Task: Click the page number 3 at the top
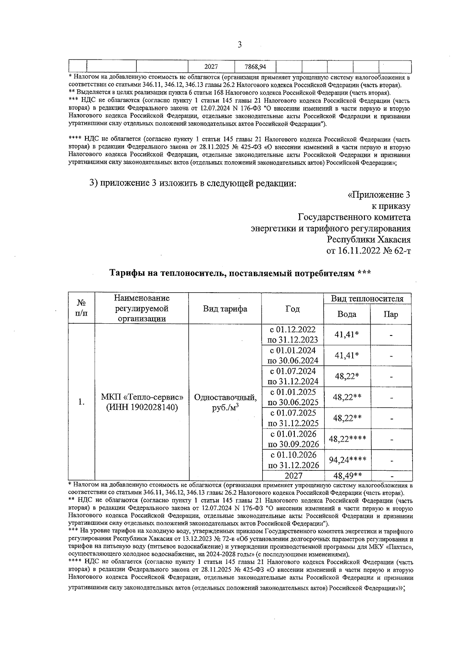click(x=240, y=45)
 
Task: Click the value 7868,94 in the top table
click(x=255, y=67)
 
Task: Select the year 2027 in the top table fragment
click(x=211, y=67)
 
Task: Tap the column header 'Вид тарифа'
click(x=225, y=309)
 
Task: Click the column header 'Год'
click(x=292, y=309)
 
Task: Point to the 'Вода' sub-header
click(x=347, y=314)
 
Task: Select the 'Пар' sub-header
click(x=391, y=314)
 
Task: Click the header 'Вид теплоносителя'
click(x=367, y=299)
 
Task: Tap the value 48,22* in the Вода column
click(x=347, y=376)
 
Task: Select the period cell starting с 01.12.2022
click(x=292, y=334)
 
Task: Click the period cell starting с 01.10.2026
click(x=293, y=460)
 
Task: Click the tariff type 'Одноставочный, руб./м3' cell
click(x=225, y=402)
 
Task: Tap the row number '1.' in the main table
click(x=81, y=402)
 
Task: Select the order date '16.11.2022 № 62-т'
click(x=368, y=251)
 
